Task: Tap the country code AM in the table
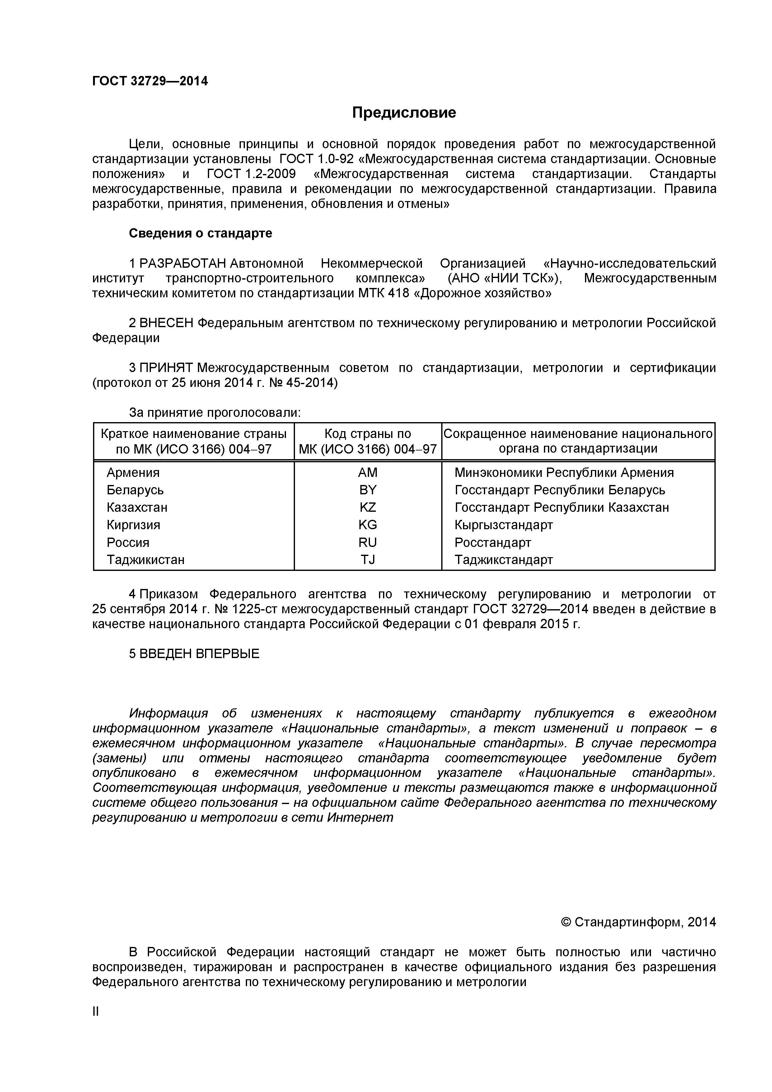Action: (367, 473)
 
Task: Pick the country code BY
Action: (367, 490)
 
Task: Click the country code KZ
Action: (367, 507)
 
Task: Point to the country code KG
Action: (367, 525)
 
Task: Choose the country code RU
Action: (367, 543)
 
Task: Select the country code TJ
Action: (367, 560)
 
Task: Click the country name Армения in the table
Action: (133, 473)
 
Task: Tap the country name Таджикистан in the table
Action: (145, 560)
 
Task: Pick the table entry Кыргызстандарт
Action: (503, 525)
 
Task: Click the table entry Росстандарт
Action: (493, 543)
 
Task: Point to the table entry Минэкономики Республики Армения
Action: (564, 473)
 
